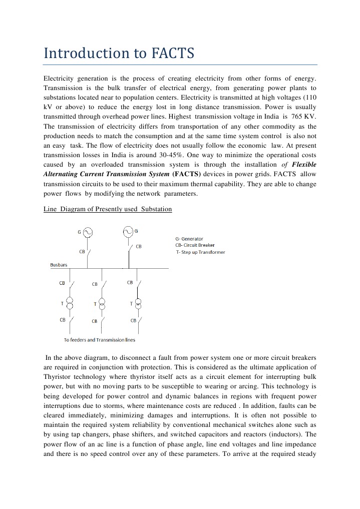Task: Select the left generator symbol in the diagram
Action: tap(88, 232)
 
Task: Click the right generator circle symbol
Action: tap(128, 231)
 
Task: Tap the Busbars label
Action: tap(59, 264)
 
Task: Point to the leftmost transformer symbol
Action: tap(70, 304)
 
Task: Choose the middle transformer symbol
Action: tap(102, 304)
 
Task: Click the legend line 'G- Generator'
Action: tap(189, 239)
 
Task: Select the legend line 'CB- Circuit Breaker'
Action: tap(195, 245)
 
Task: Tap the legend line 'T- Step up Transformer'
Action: tap(200, 252)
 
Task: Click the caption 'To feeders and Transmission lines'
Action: tap(99, 340)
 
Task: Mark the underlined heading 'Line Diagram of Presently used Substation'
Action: tap(108, 209)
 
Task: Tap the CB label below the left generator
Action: tap(82, 251)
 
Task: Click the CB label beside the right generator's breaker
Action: tap(139, 246)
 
